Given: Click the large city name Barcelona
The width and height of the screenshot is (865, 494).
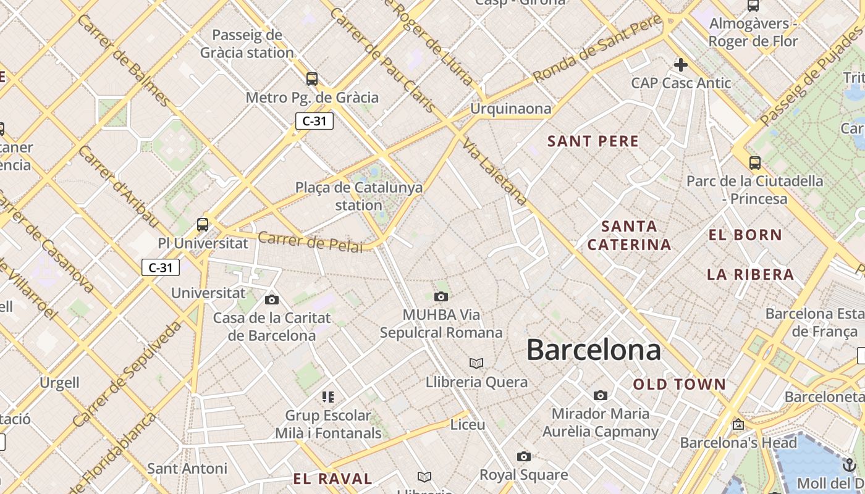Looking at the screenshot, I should [594, 350].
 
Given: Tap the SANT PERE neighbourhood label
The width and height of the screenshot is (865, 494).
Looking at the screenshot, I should [593, 141].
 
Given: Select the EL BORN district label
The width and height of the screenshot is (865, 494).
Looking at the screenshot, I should [746, 235].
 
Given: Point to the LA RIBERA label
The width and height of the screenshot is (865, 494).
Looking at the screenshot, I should [751, 275].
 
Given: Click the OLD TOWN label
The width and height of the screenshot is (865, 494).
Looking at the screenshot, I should [680, 385].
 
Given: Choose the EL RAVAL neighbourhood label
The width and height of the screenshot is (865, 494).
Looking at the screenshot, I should [332, 479].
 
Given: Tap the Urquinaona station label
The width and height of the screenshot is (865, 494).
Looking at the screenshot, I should [510, 109].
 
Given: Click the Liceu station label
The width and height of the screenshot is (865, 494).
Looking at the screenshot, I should [468, 425].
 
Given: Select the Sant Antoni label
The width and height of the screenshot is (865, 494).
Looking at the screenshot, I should [187, 469].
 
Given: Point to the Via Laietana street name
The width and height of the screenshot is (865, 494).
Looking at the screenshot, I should [494, 171].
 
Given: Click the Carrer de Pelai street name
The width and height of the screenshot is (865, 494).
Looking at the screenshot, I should [310, 242].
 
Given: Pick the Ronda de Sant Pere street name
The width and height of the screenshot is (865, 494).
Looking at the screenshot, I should [597, 50].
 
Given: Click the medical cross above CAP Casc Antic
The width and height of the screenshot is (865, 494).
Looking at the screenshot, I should [681, 65].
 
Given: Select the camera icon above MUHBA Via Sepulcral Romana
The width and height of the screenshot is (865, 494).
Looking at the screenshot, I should [441, 297].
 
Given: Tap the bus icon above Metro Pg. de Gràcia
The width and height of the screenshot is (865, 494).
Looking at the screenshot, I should [312, 79].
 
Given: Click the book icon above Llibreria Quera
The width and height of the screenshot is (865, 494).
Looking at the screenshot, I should [476, 363].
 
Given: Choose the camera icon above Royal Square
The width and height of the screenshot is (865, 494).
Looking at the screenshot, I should [524, 457].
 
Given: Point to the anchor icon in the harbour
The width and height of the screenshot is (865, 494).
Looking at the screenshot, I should [850, 465].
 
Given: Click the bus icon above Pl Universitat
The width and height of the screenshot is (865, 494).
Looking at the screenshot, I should [203, 225].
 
